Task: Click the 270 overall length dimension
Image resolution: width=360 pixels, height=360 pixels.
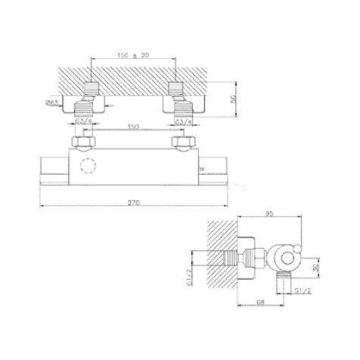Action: click(x=134, y=202)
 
